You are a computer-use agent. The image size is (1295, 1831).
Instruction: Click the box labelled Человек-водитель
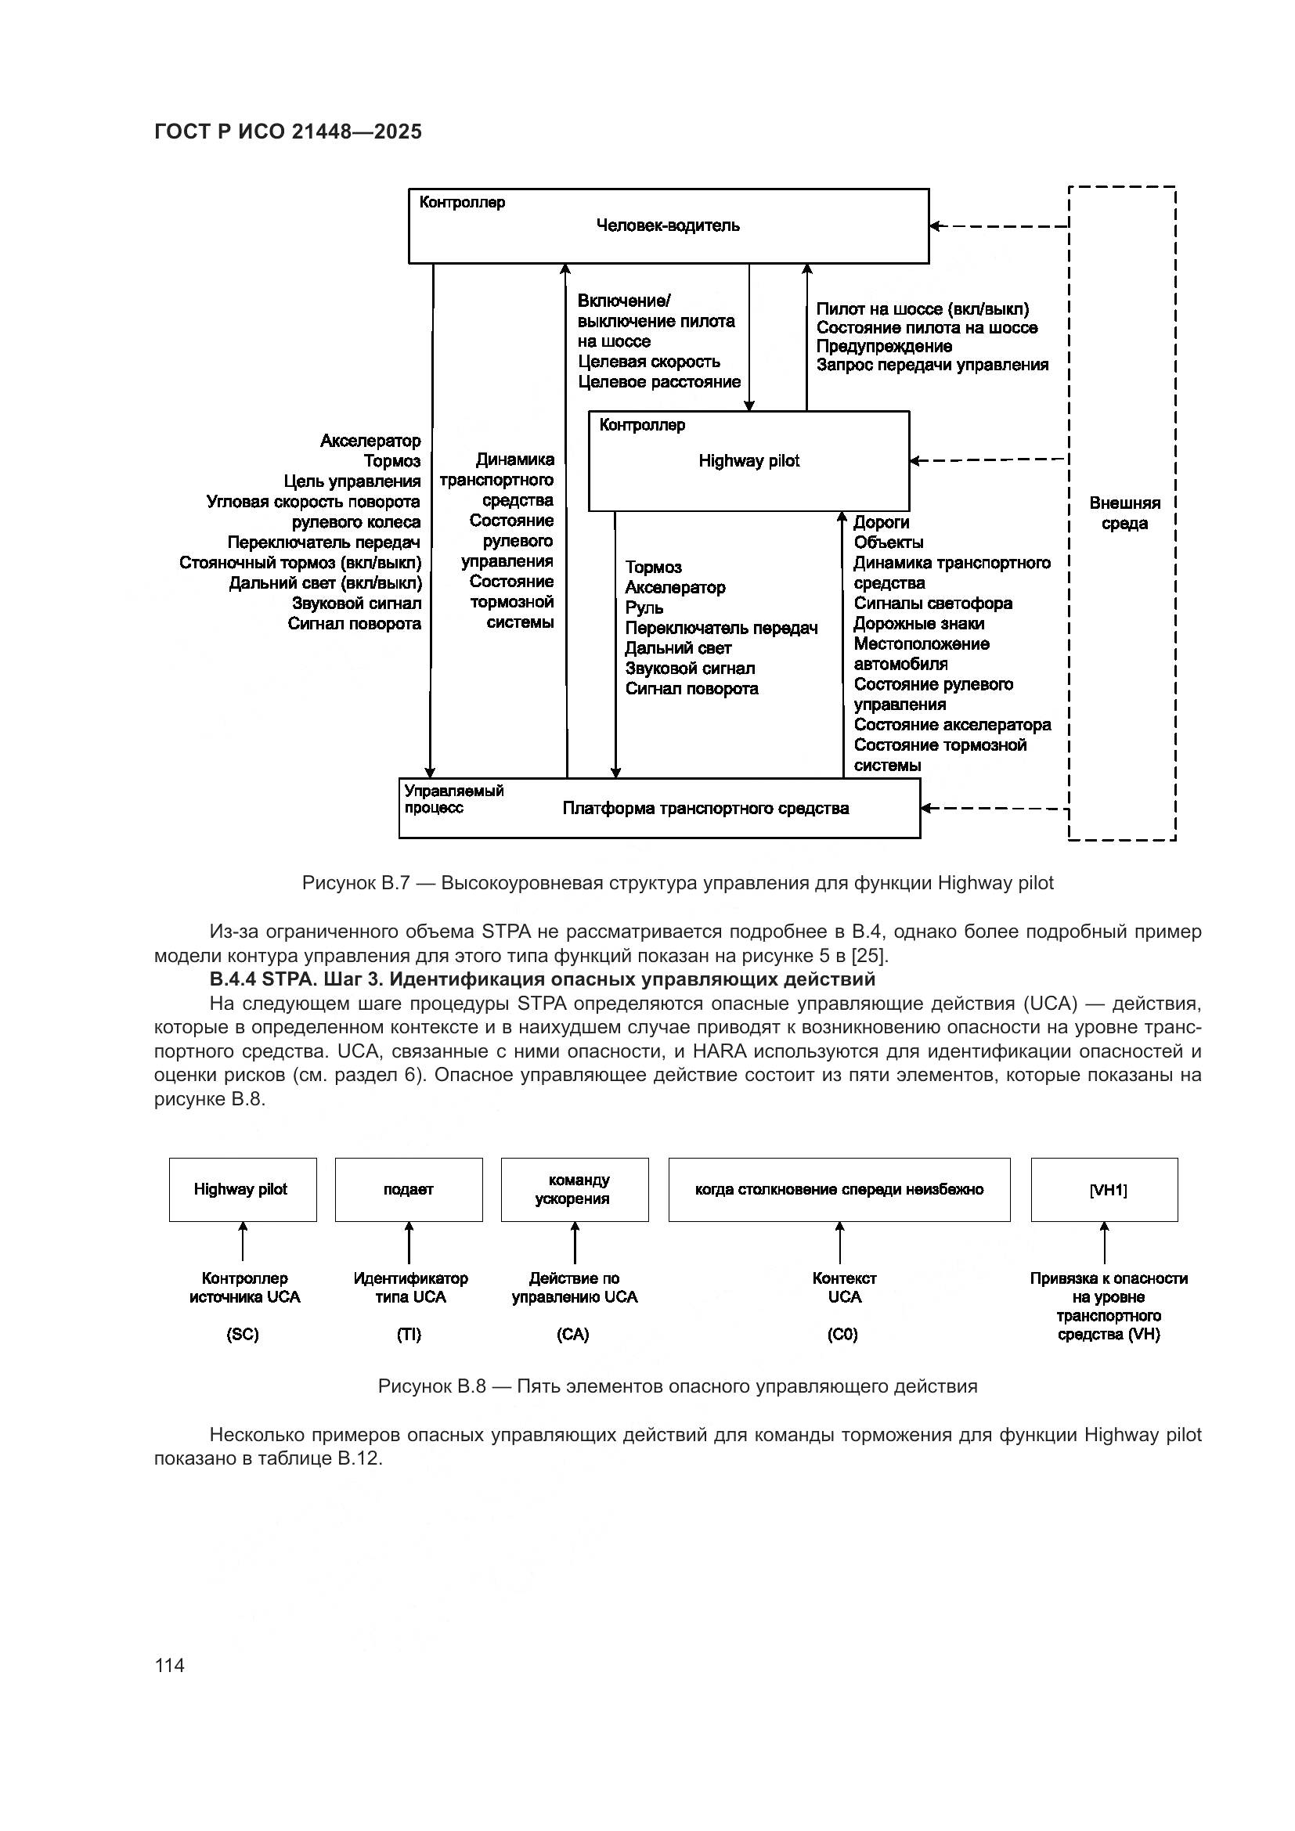point(668,225)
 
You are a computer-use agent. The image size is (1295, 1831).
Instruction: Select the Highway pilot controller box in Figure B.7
point(748,461)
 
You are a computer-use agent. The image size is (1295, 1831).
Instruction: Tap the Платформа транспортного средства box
point(705,809)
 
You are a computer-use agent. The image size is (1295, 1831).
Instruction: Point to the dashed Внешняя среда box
point(1123,514)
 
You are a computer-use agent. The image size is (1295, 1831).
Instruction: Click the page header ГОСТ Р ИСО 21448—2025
point(288,132)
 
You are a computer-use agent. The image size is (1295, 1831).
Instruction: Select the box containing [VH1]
point(1105,1190)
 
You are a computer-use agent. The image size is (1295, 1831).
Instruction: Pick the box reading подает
point(408,1190)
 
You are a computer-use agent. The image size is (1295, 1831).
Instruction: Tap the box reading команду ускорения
point(574,1190)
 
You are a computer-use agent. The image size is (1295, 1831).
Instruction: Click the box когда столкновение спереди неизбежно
point(839,1190)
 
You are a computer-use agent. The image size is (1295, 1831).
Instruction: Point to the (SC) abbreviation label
point(243,1335)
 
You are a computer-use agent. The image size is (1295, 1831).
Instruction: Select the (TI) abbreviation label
point(409,1335)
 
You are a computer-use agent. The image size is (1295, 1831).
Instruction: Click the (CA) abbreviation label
point(573,1335)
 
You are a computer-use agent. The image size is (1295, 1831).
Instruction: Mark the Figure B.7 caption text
point(678,884)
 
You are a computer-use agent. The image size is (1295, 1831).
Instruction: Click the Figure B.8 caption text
point(678,1387)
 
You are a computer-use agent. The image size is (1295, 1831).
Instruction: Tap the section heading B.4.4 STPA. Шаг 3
point(543,979)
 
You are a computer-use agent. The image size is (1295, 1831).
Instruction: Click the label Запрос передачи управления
point(932,366)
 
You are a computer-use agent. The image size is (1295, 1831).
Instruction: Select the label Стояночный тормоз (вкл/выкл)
point(301,563)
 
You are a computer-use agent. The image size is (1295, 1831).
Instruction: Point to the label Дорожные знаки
point(918,624)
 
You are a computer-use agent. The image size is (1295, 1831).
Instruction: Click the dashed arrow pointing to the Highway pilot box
point(989,460)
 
